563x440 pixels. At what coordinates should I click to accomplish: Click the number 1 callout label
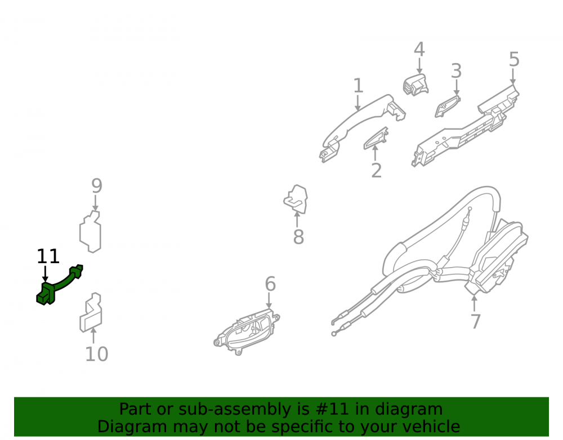358,86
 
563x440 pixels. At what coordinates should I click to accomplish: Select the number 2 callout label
376,170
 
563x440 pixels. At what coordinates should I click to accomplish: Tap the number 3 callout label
456,71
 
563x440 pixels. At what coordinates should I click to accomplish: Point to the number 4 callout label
419,50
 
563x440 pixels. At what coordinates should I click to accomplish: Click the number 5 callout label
514,59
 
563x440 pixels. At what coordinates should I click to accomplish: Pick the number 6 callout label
270,284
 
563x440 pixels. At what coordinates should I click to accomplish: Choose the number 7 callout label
475,322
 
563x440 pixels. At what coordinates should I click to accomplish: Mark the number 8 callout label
298,237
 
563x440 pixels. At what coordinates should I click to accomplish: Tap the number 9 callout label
97,186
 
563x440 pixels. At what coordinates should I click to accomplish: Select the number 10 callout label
97,354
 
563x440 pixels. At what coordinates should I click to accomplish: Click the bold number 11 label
48,256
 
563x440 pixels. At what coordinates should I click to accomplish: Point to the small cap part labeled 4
416,85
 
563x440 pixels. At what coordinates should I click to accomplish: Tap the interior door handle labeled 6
247,331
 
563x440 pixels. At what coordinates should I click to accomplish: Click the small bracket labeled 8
296,199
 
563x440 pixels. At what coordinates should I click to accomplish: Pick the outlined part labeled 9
90,232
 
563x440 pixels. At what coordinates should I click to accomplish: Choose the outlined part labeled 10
91,313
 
